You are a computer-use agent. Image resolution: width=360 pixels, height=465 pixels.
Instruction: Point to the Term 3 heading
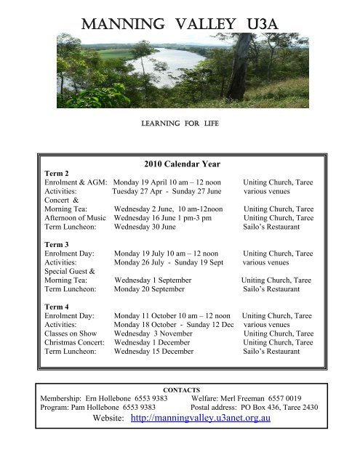(58, 243)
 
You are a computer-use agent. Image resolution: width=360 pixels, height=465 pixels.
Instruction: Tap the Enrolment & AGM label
(76, 185)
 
